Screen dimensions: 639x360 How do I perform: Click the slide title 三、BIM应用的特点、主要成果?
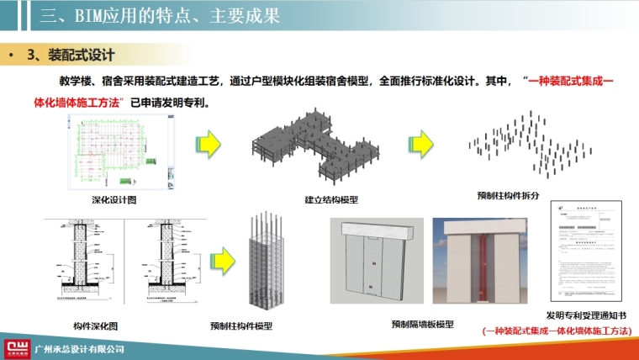pos(156,17)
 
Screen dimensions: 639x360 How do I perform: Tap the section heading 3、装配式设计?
pos(71,56)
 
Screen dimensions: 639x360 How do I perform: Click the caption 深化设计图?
pos(114,199)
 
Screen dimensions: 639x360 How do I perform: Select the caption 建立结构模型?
pos(331,199)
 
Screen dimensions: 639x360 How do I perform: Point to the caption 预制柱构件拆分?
pos(507,195)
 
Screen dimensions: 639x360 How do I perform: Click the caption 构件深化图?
pos(84,325)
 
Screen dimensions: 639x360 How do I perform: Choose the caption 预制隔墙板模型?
pos(422,324)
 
